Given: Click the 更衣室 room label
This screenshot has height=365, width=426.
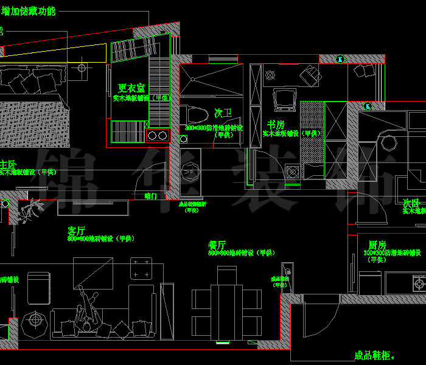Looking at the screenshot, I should [132, 88].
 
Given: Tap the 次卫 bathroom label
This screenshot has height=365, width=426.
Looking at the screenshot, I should [223, 114].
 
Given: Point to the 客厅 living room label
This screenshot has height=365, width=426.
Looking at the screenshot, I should [76, 231].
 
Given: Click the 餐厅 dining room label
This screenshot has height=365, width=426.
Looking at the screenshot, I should [217, 245].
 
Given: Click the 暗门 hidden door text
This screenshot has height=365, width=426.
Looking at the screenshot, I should [151, 196].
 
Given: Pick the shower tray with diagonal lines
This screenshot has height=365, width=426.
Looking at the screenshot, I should [211, 79].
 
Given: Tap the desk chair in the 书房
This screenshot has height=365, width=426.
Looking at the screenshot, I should [312, 75].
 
